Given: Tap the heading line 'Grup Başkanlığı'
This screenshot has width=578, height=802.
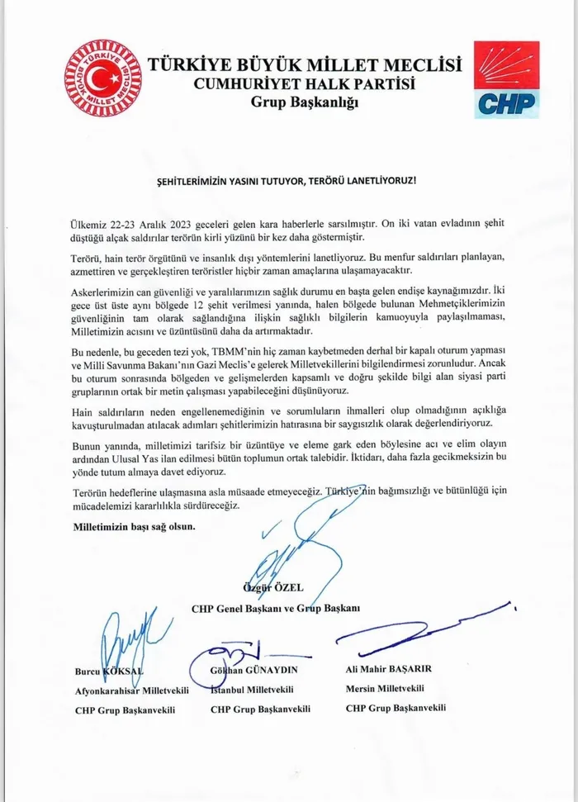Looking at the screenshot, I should pyautogui.click(x=304, y=102).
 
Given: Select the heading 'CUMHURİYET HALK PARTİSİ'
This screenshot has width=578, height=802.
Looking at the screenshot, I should pyautogui.click(x=304, y=83).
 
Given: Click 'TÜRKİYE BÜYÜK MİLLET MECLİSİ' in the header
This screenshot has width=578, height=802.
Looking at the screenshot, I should pyautogui.click(x=304, y=64).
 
